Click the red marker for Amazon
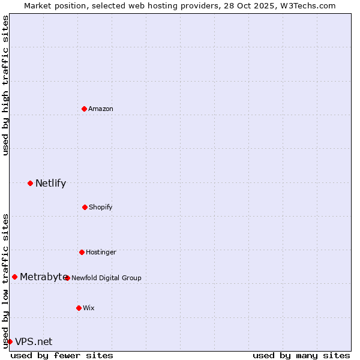pyautogui.click(x=84, y=109)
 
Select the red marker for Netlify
pyautogui.click(x=30, y=183)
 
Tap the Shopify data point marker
pyautogui.click(x=85, y=207)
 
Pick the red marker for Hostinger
pyautogui.click(x=82, y=252)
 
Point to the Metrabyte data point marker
pyautogui.click(x=14, y=277)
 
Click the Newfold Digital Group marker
pyautogui.click(x=67, y=278)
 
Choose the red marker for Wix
pyautogui.click(x=79, y=308)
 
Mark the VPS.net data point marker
pyautogui.click(x=10, y=341)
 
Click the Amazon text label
pyautogui.click(x=101, y=109)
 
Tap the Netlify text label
pyautogui.click(x=50, y=183)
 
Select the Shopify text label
pyautogui.click(x=101, y=207)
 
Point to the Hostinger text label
pyautogui.click(x=101, y=252)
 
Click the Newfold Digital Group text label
pyautogui.click(x=107, y=278)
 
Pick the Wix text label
pyautogui.click(x=89, y=308)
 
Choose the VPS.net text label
pyautogui.click(x=34, y=341)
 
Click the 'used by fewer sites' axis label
pyautogui.click(x=62, y=355)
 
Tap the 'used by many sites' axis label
pyautogui.click(x=301, y=355)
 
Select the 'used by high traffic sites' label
pyautogui.click(x=5, y=85)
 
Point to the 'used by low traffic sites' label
pyautogui.click(x=5, y=281)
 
